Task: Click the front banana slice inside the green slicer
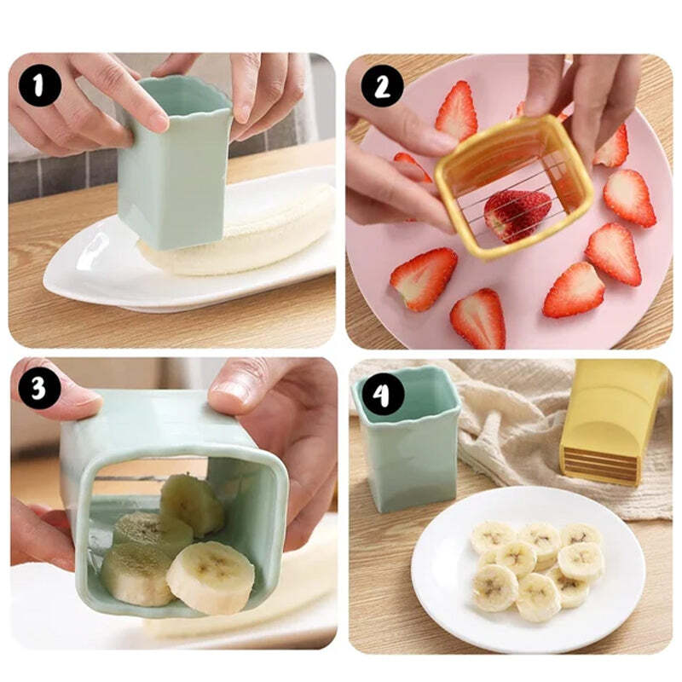[210, 577]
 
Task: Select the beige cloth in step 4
[511, 426]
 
